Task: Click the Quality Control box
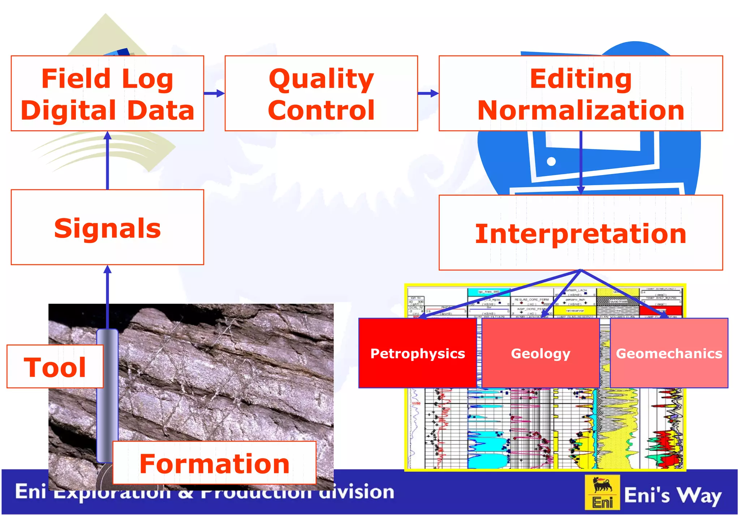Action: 321,93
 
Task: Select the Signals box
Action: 107,227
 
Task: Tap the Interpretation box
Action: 581,233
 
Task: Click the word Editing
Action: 581,78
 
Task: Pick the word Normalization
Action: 581,110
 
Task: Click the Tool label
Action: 55,367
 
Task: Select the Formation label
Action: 214,463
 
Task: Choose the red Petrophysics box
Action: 417,353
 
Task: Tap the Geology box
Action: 541,353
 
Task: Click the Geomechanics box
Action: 669,353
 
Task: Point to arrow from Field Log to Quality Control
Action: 214,93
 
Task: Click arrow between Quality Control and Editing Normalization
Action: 428,93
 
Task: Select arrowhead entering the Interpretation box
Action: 581,190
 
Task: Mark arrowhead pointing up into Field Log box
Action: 107,136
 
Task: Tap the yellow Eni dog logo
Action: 602,492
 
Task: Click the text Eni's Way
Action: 673,495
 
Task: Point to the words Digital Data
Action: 107,110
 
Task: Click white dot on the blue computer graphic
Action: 551,161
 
